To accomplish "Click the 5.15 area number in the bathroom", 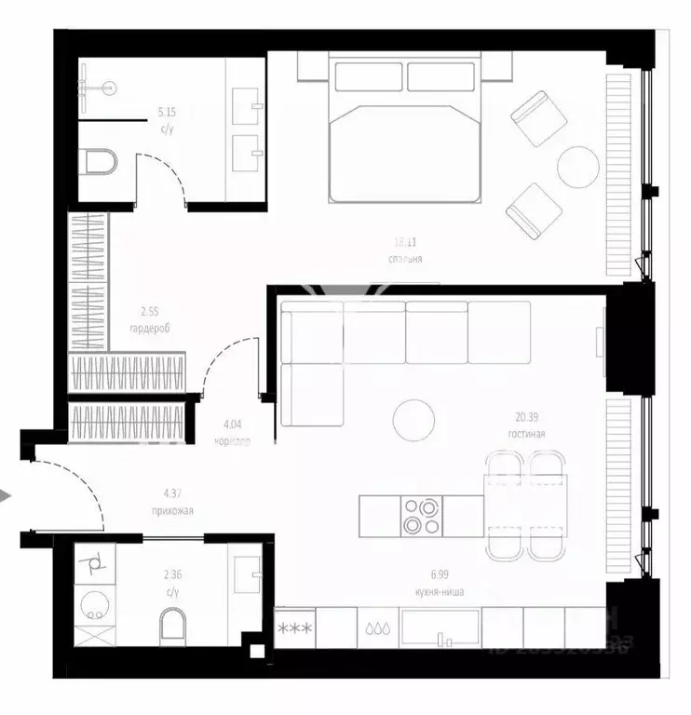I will [168, 112].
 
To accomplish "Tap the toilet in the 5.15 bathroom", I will [99, 162].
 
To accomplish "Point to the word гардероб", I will [149, 329].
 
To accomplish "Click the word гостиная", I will [526, 434].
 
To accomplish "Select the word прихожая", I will [172, 509].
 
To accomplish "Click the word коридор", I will [232, 441].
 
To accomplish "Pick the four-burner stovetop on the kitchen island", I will [422, 517].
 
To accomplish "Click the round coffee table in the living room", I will [413, 420].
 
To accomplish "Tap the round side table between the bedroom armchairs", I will [578, 168].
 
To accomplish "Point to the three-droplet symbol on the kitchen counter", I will [378, 628].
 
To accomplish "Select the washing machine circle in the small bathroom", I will [92, 605].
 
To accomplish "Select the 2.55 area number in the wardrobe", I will [149, 314].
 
